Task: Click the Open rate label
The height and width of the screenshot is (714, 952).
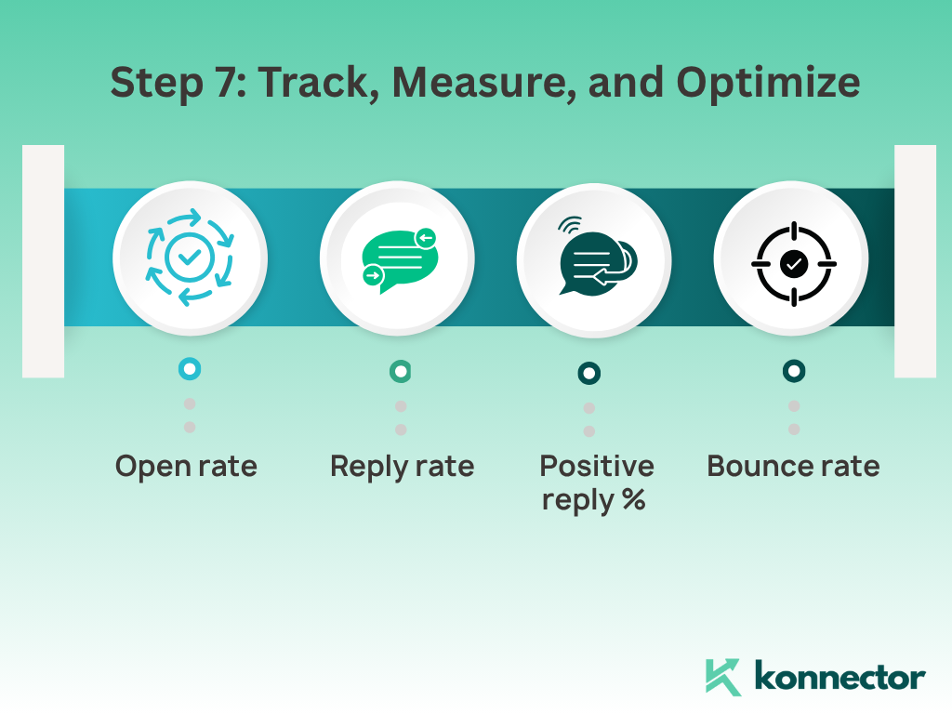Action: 186,467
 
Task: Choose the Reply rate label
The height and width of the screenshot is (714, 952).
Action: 402,467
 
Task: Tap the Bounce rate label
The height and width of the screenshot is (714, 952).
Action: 793,467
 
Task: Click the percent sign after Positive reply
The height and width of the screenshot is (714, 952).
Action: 633,499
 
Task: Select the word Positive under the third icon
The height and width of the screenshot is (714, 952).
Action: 597,466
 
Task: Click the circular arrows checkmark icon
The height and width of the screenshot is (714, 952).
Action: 190,258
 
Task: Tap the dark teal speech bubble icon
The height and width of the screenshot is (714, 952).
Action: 597,263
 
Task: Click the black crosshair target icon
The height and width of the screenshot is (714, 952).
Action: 794,263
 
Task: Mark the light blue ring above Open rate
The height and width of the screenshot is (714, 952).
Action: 190,368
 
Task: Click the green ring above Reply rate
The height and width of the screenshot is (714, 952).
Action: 400,371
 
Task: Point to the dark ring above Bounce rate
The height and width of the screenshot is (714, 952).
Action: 794,370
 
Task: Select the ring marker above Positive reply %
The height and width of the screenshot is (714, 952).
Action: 588,373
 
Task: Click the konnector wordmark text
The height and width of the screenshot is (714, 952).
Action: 840,677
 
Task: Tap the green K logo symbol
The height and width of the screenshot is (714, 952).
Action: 723,677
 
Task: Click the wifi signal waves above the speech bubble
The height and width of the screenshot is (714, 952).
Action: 570,225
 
